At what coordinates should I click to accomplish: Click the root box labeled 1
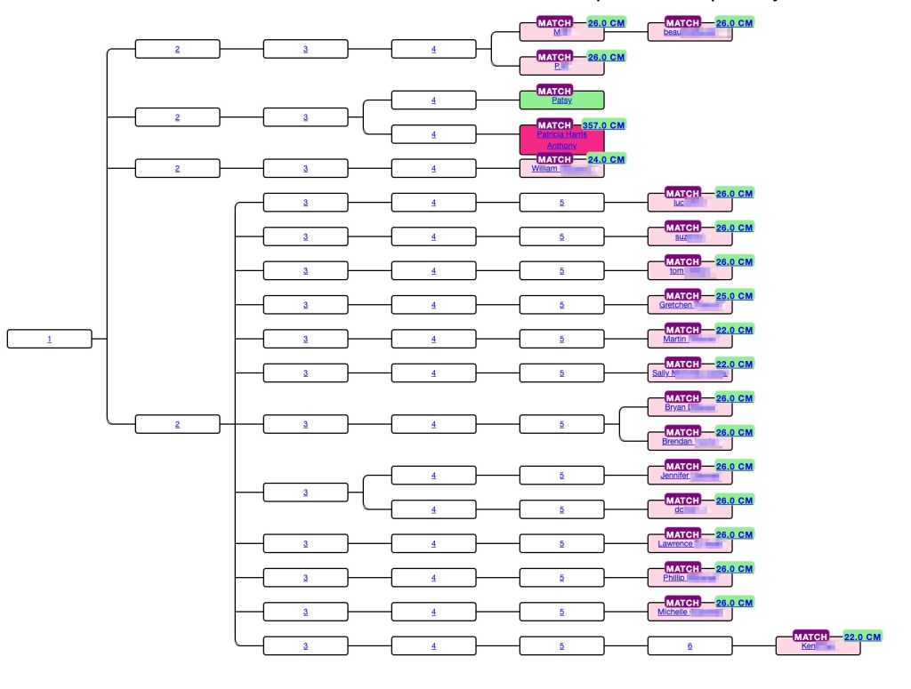pos(49,339)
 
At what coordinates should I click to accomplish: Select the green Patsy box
pos(561,100)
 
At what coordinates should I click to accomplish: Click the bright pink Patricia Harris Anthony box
pos(561,140)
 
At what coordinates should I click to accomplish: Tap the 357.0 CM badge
pos(603,125)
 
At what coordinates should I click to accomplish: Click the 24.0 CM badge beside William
pos(606,159)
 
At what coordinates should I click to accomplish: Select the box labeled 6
pos(689,646)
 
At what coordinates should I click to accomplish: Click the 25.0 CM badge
pos(734,295)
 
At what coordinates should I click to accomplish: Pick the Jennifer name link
pos(675,476)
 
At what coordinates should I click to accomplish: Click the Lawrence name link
pos(675,543)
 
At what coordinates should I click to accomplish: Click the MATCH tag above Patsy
pos(554,91)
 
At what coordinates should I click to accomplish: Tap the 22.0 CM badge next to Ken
pos(862,637)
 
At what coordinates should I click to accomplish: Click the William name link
pos(544,168)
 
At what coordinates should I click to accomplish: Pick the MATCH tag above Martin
pos(682,330)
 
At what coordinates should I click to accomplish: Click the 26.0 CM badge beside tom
pos(734,261)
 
